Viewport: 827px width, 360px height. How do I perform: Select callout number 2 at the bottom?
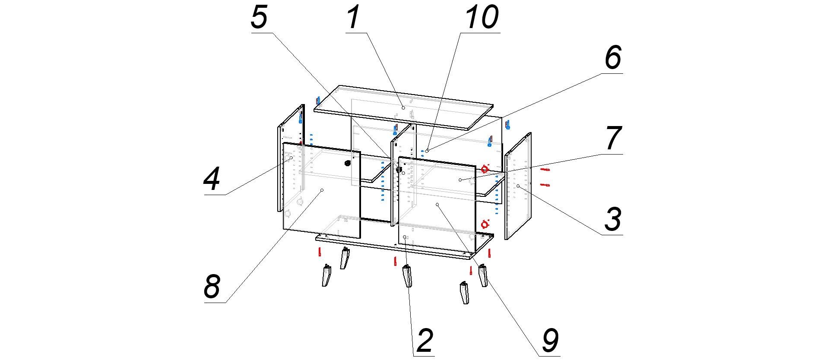pos(425,341)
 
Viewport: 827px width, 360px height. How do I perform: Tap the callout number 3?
pos(613,219)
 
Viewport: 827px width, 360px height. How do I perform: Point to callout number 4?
pos(212,179)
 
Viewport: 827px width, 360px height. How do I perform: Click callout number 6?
pos(613,57)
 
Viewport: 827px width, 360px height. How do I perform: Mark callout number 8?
pos(212,287)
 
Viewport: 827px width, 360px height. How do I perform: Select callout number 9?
pos(550,341)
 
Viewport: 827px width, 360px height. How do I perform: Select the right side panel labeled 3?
pos(518,186)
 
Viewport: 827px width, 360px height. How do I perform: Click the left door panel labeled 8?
pos(322,190)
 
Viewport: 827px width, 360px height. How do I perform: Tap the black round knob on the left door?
pos(347,163)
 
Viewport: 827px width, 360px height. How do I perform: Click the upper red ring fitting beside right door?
pos(485,169)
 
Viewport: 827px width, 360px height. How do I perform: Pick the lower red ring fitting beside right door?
pos(485,224)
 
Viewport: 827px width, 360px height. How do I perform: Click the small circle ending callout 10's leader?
pos(427,151)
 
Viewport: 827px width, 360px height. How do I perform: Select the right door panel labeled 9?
pos(437,204)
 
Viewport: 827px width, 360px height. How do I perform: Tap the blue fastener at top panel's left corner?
pos(318,101)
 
